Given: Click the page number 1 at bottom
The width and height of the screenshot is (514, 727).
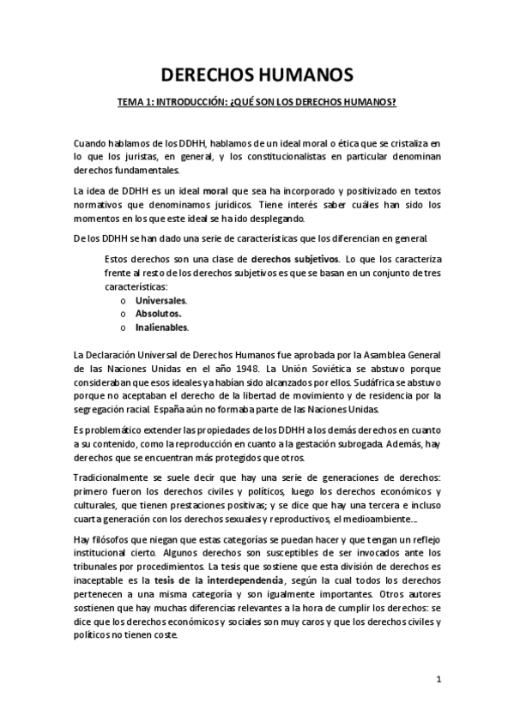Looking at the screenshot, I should pyautogui.click(x=438, y=680).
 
